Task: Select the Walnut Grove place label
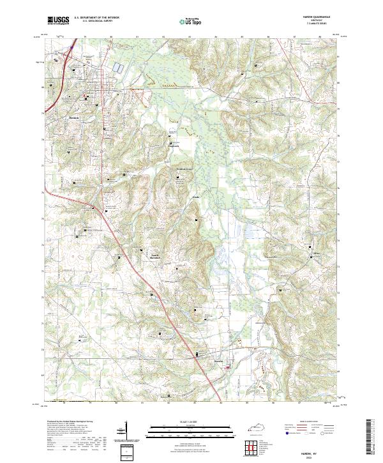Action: (184, 171)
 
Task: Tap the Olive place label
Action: (315, 254)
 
